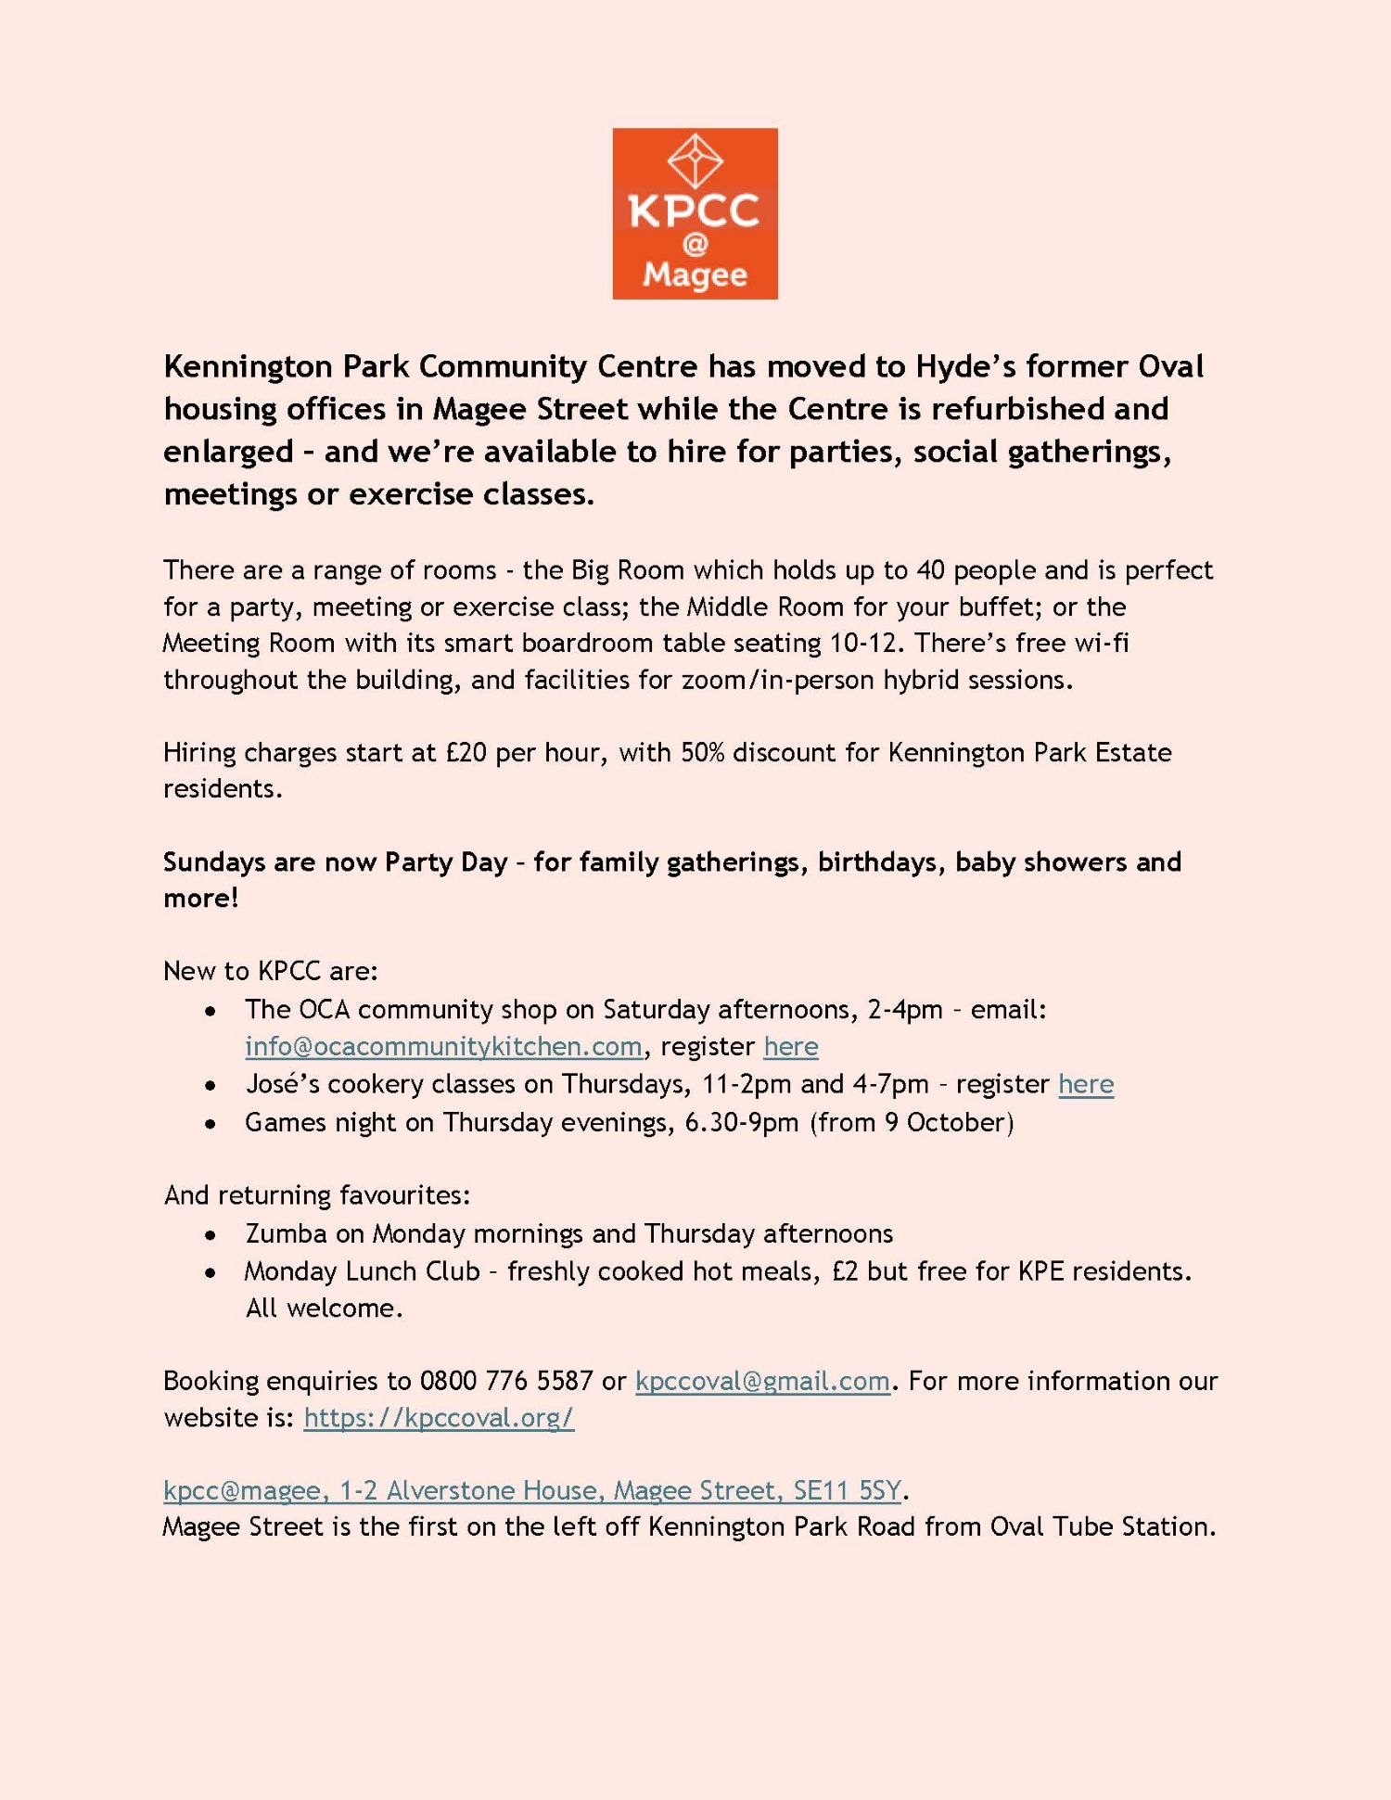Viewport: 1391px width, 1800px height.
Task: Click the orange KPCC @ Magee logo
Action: tap(695, 214)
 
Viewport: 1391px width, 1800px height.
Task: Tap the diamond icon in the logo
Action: tap(695, 161)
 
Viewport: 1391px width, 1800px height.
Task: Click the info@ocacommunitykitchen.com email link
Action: tap(443, 1046)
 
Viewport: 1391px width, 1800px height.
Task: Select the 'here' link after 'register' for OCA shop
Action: tap(790, 1046)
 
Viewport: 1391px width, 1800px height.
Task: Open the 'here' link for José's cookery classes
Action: tap(1086, 1083)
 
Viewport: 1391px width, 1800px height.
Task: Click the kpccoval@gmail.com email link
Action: tap(762, 1381)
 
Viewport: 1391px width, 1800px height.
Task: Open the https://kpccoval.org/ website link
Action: tap(439, 1418)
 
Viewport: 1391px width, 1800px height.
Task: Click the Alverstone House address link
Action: tap(531, 1490)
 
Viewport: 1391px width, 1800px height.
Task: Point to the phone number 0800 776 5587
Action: tap(506, 1381)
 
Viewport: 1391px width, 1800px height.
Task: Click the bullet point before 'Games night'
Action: tap(212, 1124)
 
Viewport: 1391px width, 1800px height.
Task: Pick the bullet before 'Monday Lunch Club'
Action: tap(212, 1272)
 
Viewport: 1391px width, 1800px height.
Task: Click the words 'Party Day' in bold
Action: tap(446, 862)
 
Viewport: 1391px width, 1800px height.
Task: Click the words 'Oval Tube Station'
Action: tap(1102, 1526)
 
